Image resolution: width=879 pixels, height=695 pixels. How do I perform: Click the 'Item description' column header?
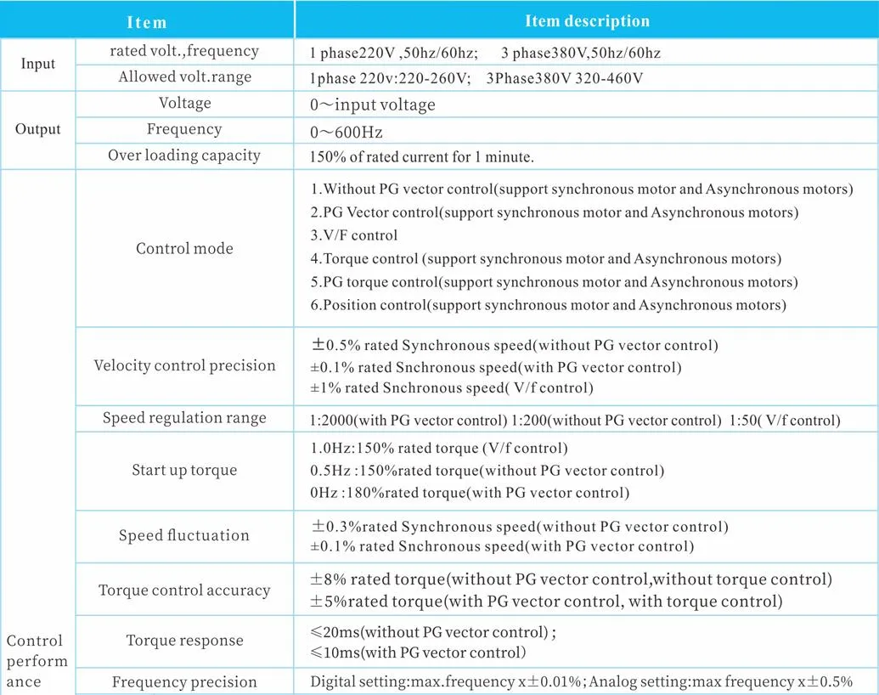pos(587,21)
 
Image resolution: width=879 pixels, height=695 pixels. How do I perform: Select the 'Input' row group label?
pos(38,64)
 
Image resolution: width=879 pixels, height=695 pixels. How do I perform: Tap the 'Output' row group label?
pos(38,129)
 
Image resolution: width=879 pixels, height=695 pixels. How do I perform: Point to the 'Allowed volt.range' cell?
pos(184,77)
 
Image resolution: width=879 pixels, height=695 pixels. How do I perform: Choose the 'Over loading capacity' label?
pos(184,155)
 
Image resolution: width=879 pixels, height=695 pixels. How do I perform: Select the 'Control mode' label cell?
pos(184,249)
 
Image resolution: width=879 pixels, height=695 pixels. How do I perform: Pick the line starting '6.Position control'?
pos(548,305)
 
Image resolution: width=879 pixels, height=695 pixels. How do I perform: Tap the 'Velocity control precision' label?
pos(184,365)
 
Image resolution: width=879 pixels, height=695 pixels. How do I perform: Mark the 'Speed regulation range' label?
pos(184,418)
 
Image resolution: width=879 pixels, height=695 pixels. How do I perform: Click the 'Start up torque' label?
pos(184,470)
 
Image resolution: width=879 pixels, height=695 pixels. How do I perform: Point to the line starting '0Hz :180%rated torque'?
pos(470,493)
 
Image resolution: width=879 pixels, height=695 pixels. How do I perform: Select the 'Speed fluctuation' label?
pos(184,535)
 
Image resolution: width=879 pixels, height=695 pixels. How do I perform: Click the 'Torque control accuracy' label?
pos(184,590)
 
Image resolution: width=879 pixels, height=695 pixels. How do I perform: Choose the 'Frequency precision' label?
pos(184,681)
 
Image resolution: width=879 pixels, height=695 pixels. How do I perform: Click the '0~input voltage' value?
pos(373,105)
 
